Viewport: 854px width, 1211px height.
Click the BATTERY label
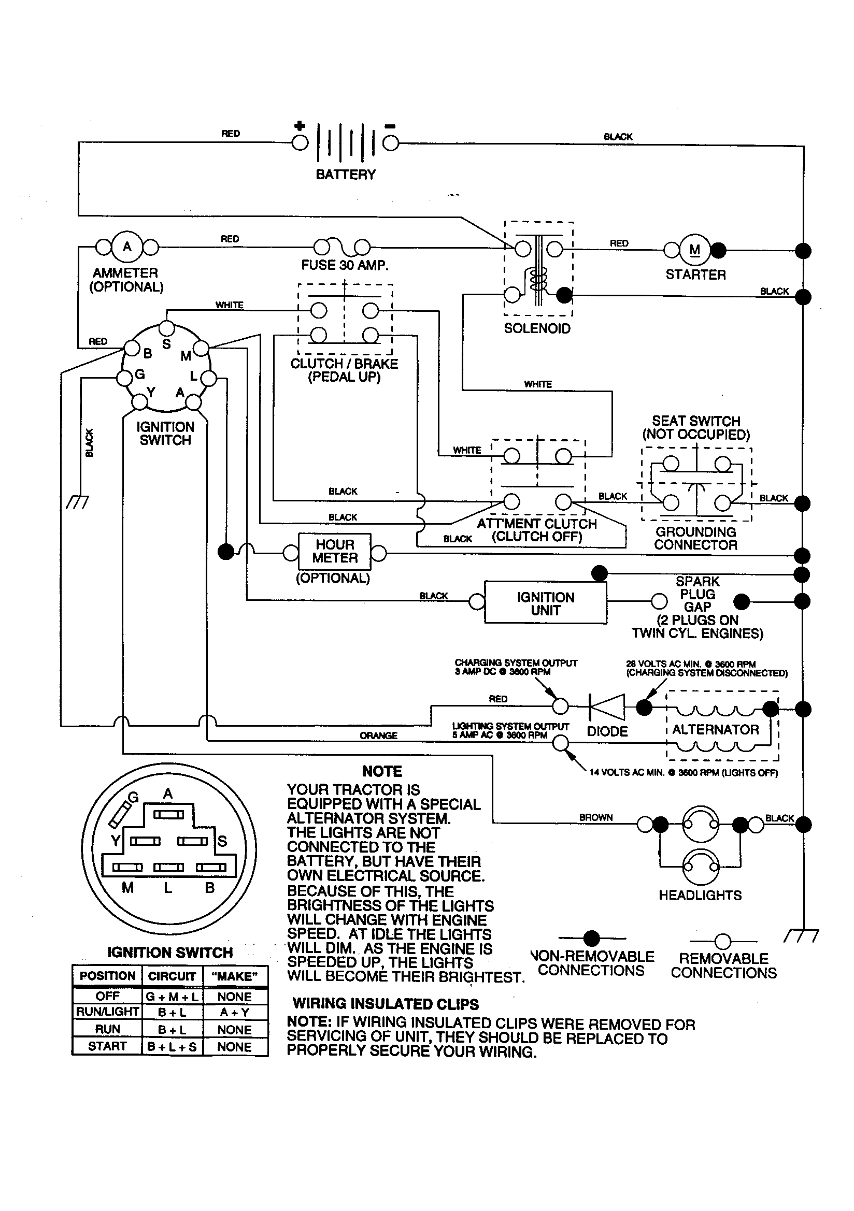pos(345,175)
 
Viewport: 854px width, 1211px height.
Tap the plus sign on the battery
pos(300,125)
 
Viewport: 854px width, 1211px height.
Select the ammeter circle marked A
pos(127,247)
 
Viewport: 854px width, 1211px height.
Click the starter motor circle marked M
pos(694,250)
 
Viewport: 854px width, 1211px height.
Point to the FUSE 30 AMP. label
pos(345,265)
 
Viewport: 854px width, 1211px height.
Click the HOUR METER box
pos(335,551)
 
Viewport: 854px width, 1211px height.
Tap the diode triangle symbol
pos(607,707)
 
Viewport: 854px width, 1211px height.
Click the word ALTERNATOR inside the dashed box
pos(715,729)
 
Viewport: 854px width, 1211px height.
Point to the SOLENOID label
pos(537,328)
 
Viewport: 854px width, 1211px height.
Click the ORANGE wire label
pos(378,736)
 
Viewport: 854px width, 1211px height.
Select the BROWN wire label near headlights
pos(596,817)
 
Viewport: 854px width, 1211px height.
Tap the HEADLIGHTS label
pos(700,895)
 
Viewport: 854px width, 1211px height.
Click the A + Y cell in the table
pos(234,1012)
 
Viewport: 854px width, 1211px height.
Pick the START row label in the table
pos(107,1046)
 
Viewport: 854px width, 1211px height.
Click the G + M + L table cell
pos(172,997)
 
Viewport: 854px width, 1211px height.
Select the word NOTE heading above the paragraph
pos(381,772)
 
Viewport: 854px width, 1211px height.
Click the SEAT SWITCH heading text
pos(695,421)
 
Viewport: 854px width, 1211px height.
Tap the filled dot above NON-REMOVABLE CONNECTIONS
pos(592,939)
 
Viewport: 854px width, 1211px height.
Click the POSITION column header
pos(107,976)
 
